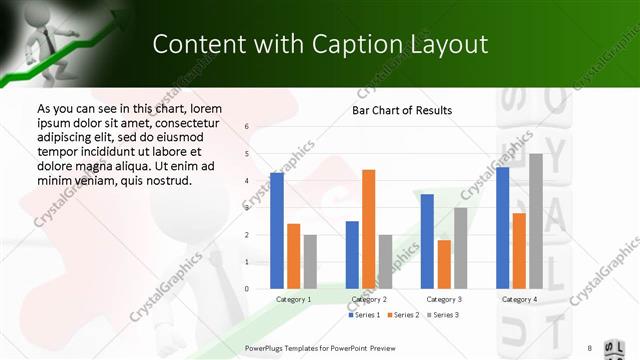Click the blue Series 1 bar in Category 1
coord(277,231)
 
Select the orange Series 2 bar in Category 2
coord(368,229)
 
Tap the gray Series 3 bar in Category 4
coord(535,221)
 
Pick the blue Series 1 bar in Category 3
coord(427,241)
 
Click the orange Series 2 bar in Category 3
coord(444,264)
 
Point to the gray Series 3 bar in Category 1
coord(310,262)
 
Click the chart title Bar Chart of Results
coord(402,110)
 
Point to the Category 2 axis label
coord(368,298)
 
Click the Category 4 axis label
coord(518,298)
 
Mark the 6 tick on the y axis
coord(247,127)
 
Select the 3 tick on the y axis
coord(247,208)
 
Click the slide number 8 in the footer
coord(589,347)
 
